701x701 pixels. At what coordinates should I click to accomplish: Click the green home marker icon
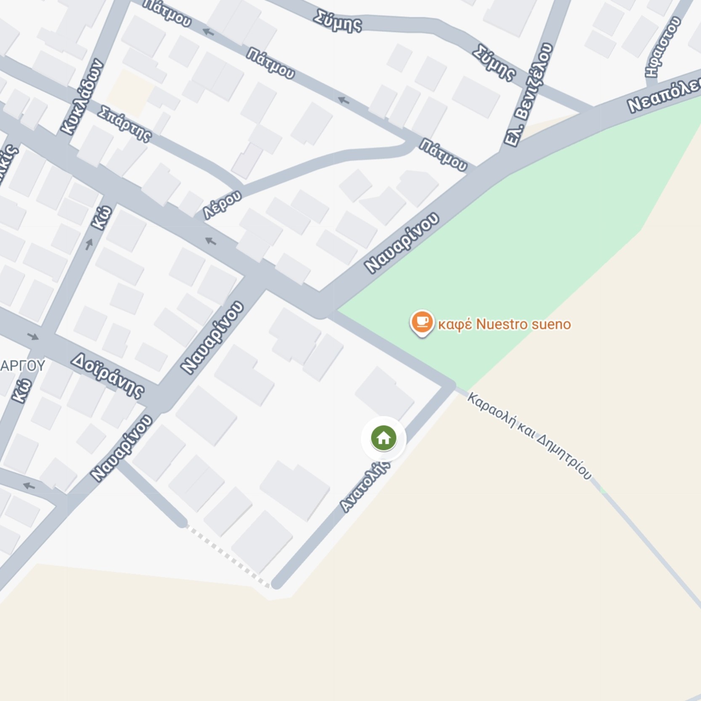click(383, 438)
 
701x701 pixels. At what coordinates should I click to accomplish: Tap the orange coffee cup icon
click(422, 322)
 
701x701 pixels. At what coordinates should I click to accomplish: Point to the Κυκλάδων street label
click(82, 97)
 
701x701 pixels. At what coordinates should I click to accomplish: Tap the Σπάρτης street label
click(125, 124)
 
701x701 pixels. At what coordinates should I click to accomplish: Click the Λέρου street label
click(223, 204)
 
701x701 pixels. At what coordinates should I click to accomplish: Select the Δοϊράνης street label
click(108, 376)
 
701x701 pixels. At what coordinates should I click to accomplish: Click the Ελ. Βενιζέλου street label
click(528, 95)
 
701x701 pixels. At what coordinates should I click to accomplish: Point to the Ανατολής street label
click(365, 486)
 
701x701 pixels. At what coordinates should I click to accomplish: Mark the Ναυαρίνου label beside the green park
click(402, 243)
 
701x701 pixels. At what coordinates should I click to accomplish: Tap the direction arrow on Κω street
click(89, 244)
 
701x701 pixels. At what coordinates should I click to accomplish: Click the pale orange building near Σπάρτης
click(130, 93)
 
